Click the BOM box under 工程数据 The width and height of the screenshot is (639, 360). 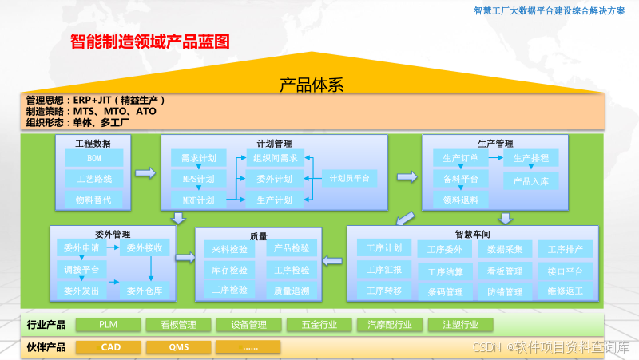(x=94, y=158)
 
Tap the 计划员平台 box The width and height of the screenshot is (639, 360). (x=349, y=179)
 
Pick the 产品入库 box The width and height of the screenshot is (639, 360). (x=530, y=181)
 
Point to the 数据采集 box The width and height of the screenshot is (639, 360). (x=505, y=249)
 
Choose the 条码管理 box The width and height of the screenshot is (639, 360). (x=445, y=292)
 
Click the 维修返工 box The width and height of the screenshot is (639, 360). (x=566, y=292)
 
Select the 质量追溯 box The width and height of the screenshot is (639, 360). (x=292, y=291)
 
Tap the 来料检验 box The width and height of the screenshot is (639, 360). (x=229, y=249)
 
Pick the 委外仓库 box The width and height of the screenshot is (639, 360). (x=145, y=291)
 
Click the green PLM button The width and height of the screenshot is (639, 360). (x=109, y=325)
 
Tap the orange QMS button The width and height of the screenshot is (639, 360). (x=179, y=347)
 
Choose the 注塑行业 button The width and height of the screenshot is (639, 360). (x=459, y=325)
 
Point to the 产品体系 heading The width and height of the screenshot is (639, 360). (x=312, y=84)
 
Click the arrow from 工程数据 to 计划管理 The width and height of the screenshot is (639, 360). (x=145, y=172)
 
